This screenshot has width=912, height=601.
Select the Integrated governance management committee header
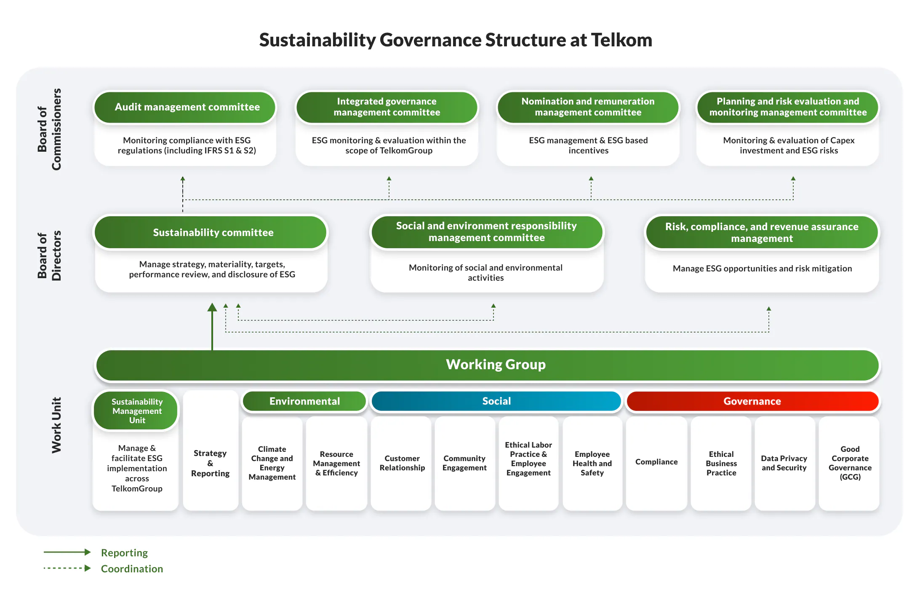tap(387, 107)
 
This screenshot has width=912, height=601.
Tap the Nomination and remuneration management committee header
tap(588, 107)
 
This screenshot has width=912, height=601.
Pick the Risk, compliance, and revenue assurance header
tap(761, 233)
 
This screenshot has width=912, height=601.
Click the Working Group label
tap(496, 365)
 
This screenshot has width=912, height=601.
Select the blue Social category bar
tap(496, 401)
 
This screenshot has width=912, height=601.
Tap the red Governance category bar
tap(752, 401)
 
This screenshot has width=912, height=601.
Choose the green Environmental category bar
tap(304, 401)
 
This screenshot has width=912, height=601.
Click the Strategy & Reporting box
tap(211, 464)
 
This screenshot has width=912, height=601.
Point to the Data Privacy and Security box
tap(784, 463)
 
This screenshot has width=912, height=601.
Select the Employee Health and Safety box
tap(592, 463)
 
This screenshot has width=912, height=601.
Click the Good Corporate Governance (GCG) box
tap(850, 463)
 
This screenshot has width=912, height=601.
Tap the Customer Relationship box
tap(402, 463)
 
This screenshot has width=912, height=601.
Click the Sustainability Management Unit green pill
tap(136, 411)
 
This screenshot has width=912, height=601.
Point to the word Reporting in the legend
tap(124, 553)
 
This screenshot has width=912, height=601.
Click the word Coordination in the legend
tap(132, 569)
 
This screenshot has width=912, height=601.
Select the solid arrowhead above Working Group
tap(212, 308)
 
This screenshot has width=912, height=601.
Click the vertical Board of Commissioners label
tap(49, 129)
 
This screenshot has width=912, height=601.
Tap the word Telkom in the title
tap(621, 40)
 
